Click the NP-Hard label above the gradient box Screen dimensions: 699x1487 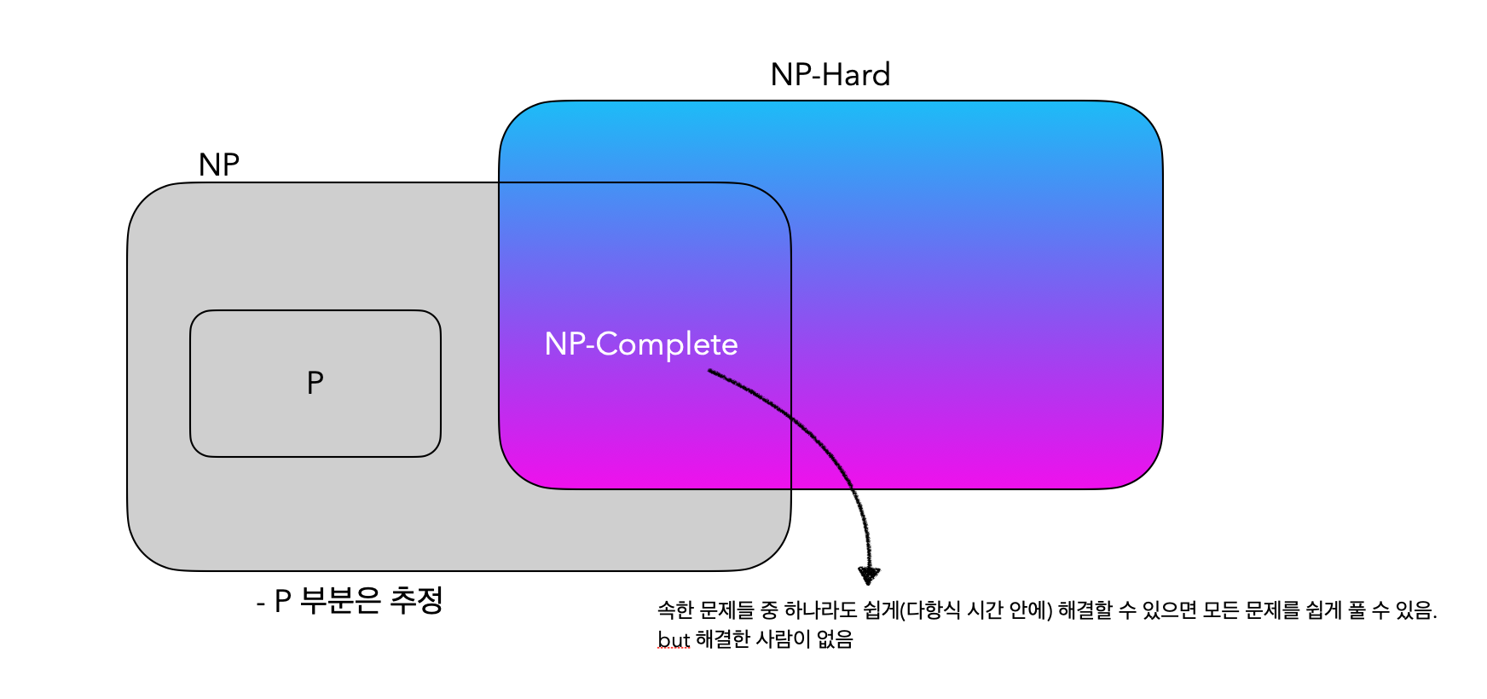tap(830, 75)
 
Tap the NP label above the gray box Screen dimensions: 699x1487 tap(218, 165)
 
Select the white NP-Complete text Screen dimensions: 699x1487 tap(641, 344)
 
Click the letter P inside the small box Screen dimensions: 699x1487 tap(315, 383)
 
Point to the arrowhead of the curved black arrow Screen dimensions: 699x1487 tap(868, 576)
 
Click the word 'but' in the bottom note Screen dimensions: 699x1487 tap(673, 639)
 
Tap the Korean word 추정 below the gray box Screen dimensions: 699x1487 tap(416, 601)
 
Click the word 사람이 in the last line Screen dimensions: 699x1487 tap(783, 639)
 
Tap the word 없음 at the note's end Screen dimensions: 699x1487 tap(835, 639)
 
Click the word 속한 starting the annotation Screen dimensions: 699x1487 tap(674, 610)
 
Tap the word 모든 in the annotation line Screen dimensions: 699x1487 tap(1220, 610)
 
